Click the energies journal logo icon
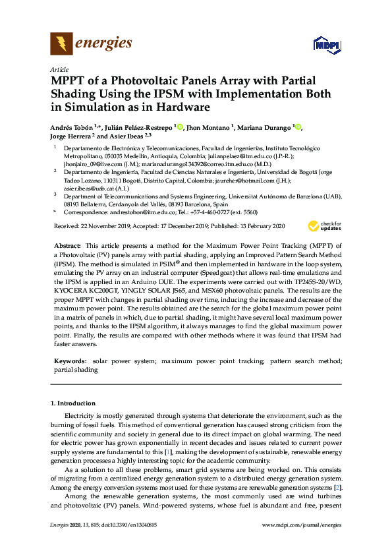(x=61, y=44)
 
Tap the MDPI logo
(x=323, y=44)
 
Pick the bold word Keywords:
(x=70, y=361)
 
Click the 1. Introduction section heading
(x=72, y=403)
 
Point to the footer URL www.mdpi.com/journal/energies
(x=302, y=525)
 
